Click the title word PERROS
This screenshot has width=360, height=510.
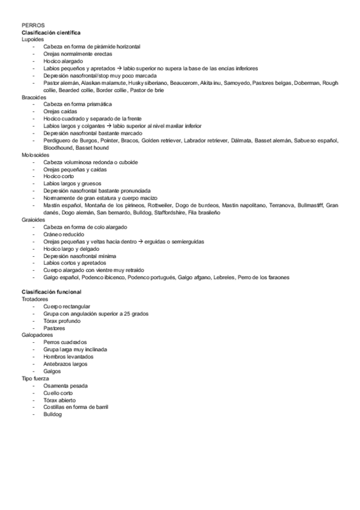[31, 25]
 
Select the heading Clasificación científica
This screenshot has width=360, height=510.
[51, 32]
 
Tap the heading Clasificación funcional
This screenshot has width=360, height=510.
[51, 291]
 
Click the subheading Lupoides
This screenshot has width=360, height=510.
[32, 39]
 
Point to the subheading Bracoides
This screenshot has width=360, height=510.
[34, 97]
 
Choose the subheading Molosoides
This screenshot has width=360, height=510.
[35, 155]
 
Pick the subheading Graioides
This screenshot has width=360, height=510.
[34, 220]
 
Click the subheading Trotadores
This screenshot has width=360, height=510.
[35, 298]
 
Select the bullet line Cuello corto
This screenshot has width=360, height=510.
[59, 392]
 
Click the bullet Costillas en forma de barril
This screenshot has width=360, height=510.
[75, 407]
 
